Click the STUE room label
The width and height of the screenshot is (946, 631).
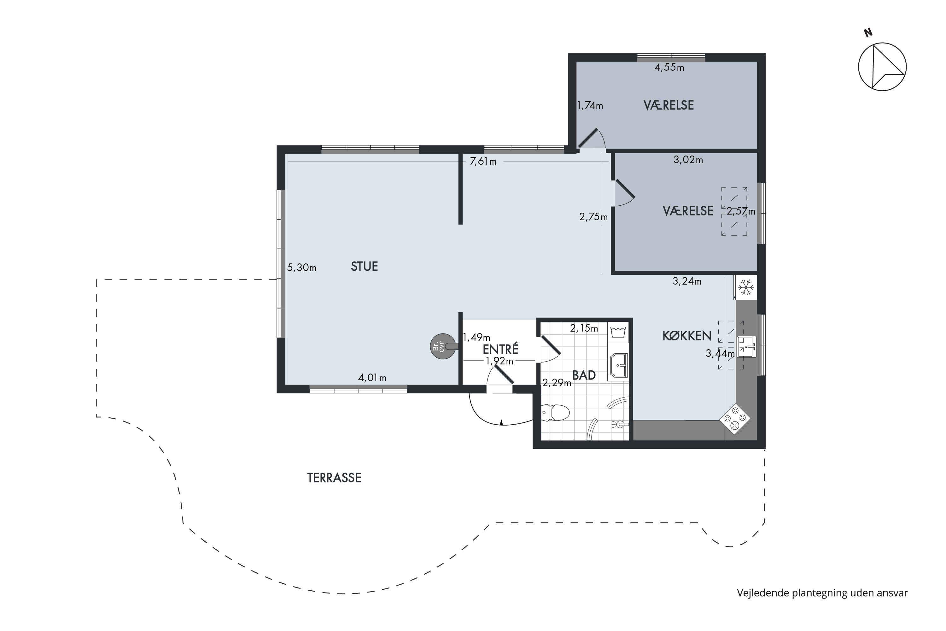click(365, 266)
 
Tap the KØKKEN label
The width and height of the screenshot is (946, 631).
click(687, 336)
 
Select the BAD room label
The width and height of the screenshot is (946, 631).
click(584, 375)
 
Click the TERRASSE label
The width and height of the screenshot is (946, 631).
click(334, 478)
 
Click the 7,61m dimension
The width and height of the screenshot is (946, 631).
click(483, 161)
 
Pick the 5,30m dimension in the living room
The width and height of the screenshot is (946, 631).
click(302, 267)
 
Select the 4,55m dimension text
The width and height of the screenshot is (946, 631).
click(669, 67)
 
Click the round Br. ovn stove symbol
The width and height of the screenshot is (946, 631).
click(443, 346)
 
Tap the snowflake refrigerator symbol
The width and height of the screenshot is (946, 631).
click(746, 287)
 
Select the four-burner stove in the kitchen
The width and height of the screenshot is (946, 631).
click(735, 419)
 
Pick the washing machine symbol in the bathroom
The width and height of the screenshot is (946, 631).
click(617, 332)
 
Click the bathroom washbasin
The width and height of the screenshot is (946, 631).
click(618, 366)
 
